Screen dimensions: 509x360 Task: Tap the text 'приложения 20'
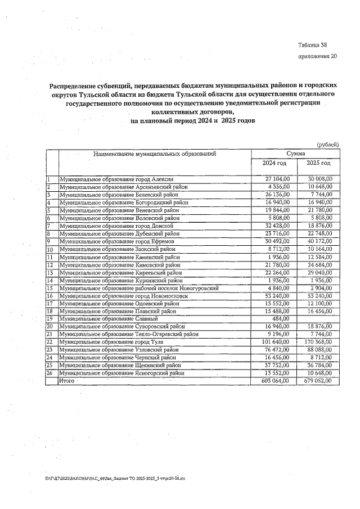tap(318, 56)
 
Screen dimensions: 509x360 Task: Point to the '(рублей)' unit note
tap(328, 145)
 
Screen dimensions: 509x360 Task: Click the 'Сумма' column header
tap(295, 153)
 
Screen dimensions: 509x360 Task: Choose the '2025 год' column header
tap(318, 163)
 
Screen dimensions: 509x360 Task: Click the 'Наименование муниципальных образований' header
tap(155, 153)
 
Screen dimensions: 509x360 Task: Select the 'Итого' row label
tap(67, 381)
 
